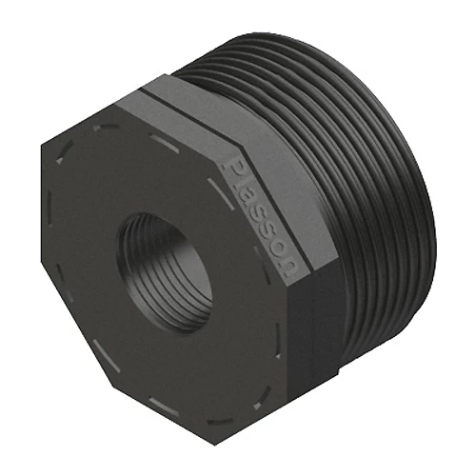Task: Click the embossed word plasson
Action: [264, 217]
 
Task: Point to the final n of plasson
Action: [289, 268]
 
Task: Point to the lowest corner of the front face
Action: [215, 445]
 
